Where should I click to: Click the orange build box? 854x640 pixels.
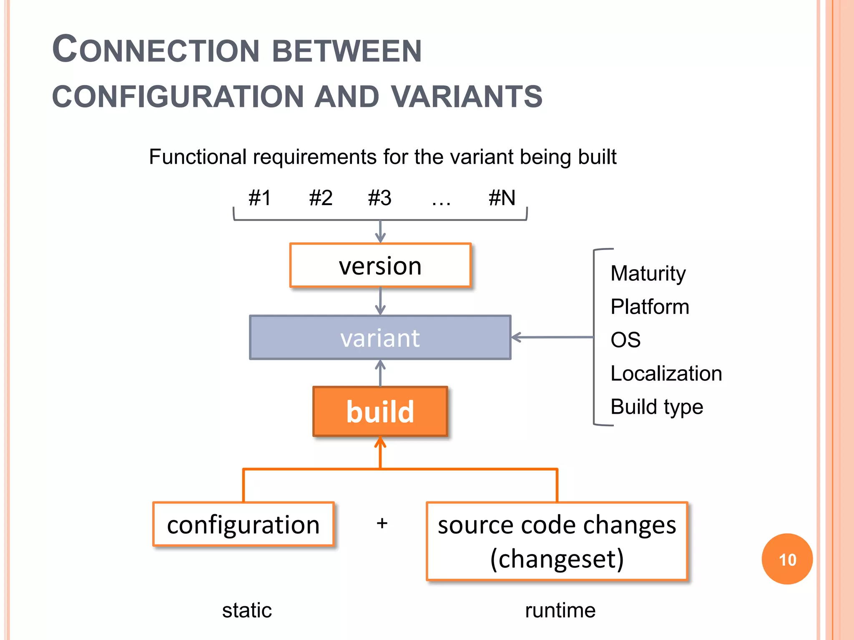point(380,412)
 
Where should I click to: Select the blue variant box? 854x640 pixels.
point(380,337)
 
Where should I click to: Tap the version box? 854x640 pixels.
point(380,266)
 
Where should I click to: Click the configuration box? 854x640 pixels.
point(243,524)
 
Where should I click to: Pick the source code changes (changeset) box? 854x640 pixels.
point(557,541)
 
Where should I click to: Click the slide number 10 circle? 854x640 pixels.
point(787,559)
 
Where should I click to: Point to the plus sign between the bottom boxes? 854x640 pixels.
point(382,523)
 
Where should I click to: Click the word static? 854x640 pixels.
point(247,610)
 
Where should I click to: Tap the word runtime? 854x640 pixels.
point(560,610)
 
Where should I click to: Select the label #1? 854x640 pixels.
point(259,197)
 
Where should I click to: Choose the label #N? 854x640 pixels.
point(502,197)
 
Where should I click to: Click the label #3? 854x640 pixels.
point(379,197)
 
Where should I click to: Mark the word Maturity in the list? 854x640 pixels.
point(648,274)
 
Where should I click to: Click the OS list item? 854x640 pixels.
point(625,340)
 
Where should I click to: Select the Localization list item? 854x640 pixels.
point(666,373)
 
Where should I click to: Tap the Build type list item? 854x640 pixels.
point(656,407)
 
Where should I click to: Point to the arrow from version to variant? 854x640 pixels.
point(380,301)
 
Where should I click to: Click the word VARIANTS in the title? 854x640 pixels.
point(467,97)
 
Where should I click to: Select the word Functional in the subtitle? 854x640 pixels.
point(198,157)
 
